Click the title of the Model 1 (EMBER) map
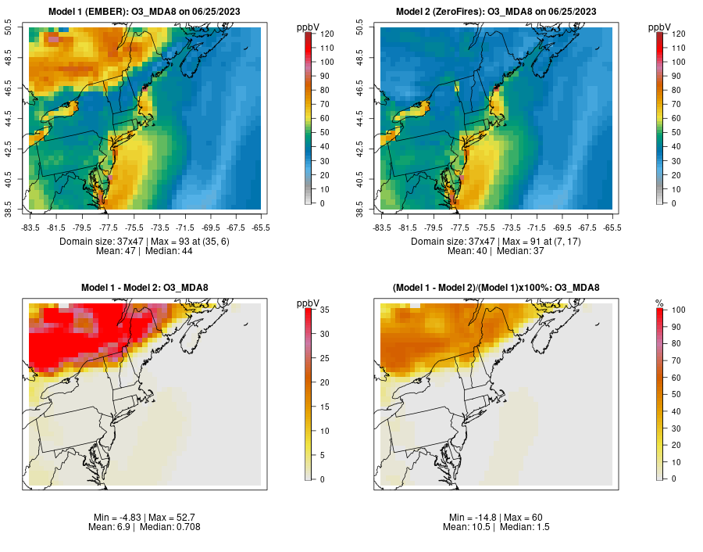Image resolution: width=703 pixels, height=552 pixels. tap(145, 12)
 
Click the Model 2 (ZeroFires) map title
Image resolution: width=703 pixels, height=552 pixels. tap(496, 12)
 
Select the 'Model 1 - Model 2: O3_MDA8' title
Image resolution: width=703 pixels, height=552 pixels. tap(145, 288)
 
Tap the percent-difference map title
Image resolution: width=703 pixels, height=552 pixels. tap(496, 288)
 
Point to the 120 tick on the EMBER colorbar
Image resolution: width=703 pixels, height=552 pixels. tap(327, 34)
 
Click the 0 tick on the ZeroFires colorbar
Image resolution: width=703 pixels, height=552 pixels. tap(675, 203)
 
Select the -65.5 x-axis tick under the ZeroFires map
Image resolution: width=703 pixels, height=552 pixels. tap(612, 228)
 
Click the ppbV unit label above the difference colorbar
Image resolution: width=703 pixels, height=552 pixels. tap(308, 303)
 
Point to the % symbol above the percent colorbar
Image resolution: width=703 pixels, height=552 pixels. tap(659, 303)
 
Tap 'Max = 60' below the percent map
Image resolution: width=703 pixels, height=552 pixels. tap(522, 518)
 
